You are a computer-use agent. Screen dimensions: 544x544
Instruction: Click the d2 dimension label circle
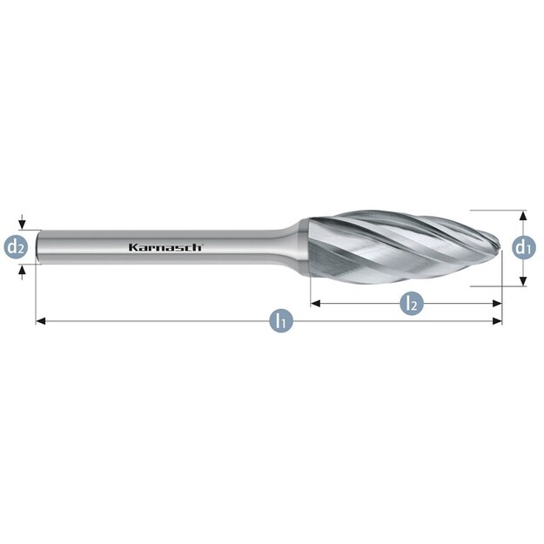pyautogui.click(x=17, y=247)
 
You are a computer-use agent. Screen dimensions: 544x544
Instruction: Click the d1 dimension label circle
pyautogui.click(x=522, y=247)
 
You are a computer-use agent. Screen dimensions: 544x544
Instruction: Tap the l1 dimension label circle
pyautogui.click(x=279, y=320)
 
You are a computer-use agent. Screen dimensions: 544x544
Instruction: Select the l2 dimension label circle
pyautogui.click(x=412, y=303)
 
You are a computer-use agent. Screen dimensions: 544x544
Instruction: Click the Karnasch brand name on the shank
pyautogui.click(x=165, y=247)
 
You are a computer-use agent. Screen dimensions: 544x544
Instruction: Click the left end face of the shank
pyautogui.click(x=37, y=247)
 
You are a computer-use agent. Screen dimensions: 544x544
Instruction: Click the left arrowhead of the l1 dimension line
pyautogui.click(x=39, y=321)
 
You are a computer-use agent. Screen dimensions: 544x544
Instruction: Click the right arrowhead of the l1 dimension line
pyautogui.click(x=498, y=321)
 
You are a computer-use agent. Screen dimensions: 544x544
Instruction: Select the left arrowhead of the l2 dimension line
pyautogui.click(x=315, y=303)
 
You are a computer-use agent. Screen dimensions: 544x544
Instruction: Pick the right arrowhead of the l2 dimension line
pyautogui.click(x=498, y=303)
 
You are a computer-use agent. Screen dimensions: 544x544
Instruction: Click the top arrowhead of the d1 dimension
pyautogui.click(x=522, y=214)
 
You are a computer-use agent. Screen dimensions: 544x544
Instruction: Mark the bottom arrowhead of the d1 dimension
pyautogui.click(x=522, y=280)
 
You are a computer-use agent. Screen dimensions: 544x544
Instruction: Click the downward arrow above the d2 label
pyautogui.click(x=24, y=225)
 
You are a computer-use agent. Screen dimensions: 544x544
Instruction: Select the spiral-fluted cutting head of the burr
pyautogui.click(x=400, y=246)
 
